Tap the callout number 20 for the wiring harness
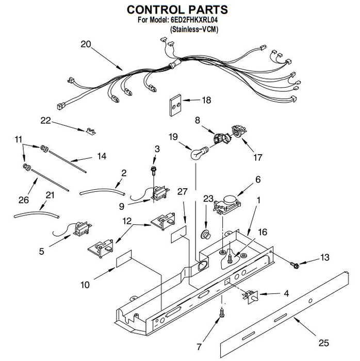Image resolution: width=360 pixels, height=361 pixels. point(86,44)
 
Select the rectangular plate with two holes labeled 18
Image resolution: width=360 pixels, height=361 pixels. point(176,105)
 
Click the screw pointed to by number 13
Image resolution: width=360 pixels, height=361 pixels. point(294,266)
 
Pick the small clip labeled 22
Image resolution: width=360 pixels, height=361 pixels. point(91,131)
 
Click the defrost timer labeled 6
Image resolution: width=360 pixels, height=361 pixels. point(227,204)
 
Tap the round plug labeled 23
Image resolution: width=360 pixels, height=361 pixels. point(206,235)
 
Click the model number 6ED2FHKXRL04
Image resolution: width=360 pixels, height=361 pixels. point(194,20)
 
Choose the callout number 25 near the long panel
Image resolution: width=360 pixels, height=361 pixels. point(323,343)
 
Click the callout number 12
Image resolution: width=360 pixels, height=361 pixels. point(127,221)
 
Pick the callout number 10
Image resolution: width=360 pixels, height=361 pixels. point(85,285)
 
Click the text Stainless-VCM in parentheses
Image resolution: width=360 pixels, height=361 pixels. point(194,29)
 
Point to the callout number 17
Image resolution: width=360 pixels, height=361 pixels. point(257,157)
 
